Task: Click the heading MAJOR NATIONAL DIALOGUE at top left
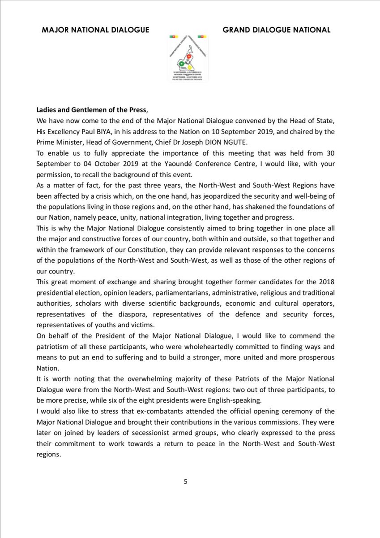(x=95, y=30)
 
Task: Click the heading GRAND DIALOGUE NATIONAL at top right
(x=276, y=30)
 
